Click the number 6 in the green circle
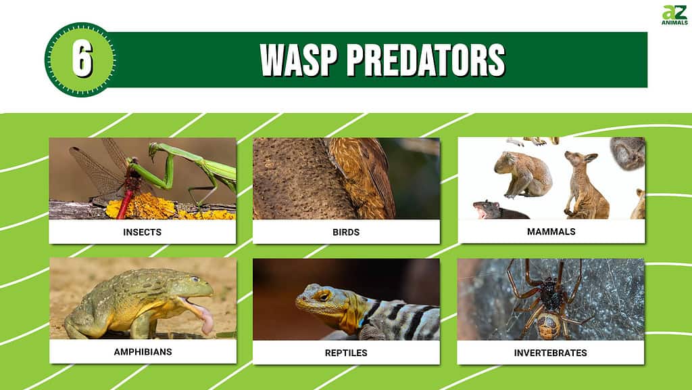pos(82,60)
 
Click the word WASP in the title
pos(298,60)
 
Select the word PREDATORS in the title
pos(426,60)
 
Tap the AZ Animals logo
pos(675,15)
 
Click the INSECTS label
pos(142,232)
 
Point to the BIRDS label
pos(346,232)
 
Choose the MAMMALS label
pos(551,232)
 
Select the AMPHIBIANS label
pos(143,352)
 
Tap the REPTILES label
pos(346,353)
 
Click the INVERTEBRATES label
pos(550,353)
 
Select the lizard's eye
pos(324,296)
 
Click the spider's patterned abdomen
pos(549,325)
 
